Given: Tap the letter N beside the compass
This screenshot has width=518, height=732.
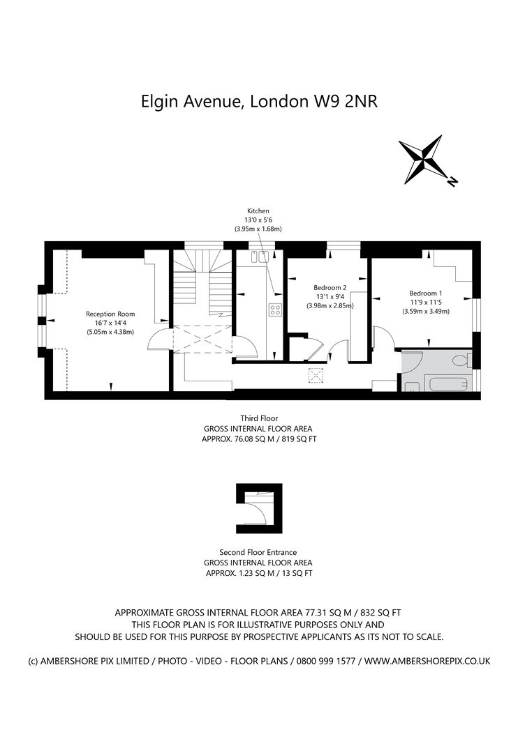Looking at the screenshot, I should [452, 183].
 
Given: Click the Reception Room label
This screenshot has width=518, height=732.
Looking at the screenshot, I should [110, 314].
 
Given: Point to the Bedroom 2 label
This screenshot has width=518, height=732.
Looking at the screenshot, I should [330, 287].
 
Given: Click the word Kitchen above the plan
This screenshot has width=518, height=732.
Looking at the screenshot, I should [258, 211].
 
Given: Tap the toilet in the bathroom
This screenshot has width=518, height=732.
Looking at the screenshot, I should [461, 361].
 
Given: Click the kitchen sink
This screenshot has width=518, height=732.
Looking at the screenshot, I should [262, 257].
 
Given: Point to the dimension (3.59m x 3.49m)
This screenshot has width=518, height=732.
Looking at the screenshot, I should [425, 312].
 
